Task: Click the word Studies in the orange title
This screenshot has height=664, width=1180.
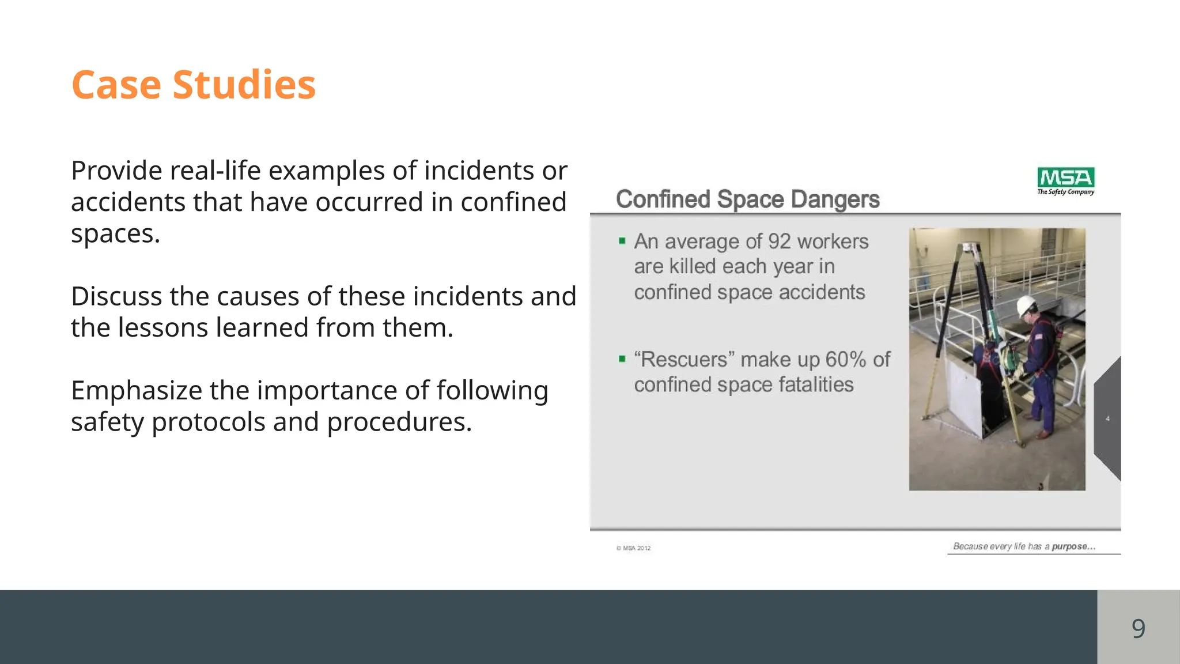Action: pyautogui.click(x=244, y=85)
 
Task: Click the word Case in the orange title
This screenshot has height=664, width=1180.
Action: pyautogui.click(x=116, y=85)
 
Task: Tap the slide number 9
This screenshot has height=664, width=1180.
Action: pyautogui.click(x=1138, y=628)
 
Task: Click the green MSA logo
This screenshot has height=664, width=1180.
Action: pyautogui.click(x=1065, y=177)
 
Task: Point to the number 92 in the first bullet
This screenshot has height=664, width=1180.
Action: pyautogui.click(x=779, y=242)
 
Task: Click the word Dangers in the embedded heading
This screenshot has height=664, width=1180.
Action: pyautogui.click(x=835, y=199)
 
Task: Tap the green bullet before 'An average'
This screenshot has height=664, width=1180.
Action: pyautogui.click(x=622, y=241)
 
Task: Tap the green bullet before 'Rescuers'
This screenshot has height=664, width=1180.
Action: pyautogui.click(x=622, y=359)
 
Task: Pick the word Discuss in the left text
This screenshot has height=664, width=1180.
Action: pyautogui.click(x=116, y=296)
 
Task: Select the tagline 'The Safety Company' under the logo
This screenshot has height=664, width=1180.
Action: pyautogui.click(x=1065, y=192)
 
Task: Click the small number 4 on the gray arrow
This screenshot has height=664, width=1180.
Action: pyautogui.click(x=1107, y=419)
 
